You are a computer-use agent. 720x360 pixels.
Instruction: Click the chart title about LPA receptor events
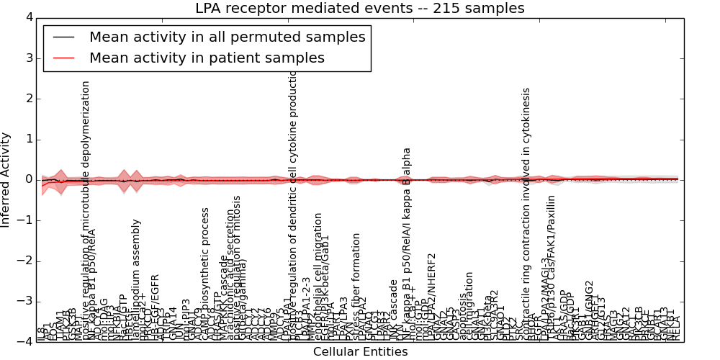click(x=360, y=8)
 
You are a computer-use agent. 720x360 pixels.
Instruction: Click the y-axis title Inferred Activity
click(x=6, y=180)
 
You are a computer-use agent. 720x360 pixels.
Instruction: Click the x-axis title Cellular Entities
click(x=360, y=351)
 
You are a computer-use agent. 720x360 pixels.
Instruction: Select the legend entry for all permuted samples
click(x=227, y=37)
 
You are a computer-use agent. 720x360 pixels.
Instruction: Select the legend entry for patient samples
click(x=207, y=58)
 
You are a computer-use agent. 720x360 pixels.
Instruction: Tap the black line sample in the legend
click(x=63, y=37)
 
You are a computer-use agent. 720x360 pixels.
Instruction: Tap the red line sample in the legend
click(x=63, y=58)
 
